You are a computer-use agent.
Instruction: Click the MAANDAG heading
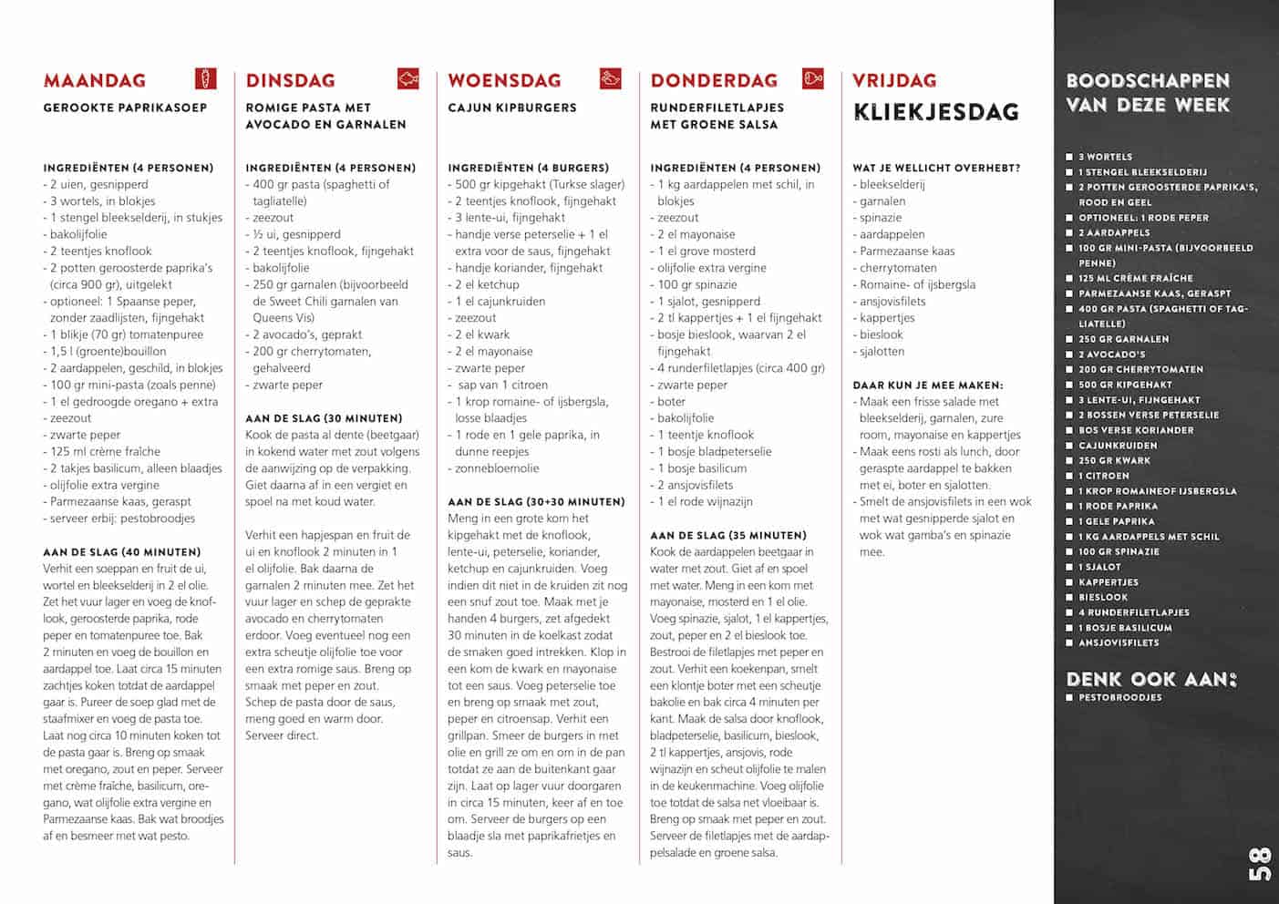pyautogui.click(x=94, y=80)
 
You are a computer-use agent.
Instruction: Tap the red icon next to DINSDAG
pyautogui.click(x=407, y=78)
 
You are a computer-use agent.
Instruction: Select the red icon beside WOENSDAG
pyautogui.click(x=610, y=78)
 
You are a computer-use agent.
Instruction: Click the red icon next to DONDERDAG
pyautogui.click(x=812, y=78)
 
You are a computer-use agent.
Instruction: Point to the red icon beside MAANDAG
pyautogui.click(x=206, y=78)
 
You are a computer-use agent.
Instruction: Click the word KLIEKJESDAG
pyautogui.click(x=935, y=112)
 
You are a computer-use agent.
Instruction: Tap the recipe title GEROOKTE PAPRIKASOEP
pyautogui.click(x=125, y=108)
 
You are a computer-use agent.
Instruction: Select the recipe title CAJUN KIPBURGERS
pyautogui.click(x=511, y=108)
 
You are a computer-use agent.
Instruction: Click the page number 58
pyautogui.click(x=1259, y=864)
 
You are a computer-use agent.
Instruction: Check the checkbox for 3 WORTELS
pyautogui.click(x=1069, y=157)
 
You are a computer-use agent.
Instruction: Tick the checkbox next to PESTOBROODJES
pyautogui.click(x=1069, y=697)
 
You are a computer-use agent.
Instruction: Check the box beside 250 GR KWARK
pyautogui.click(x=1069, y=460)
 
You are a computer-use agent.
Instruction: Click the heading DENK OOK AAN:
pyautogui.click(x=1151, y=679)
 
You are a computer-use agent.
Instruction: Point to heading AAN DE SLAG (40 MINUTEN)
pyautogui.click(x=121, y=552)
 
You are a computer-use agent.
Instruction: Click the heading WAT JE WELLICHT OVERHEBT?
pyautogui.click(x=936, y=168)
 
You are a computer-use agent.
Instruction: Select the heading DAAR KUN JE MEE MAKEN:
pyautogui.click(x=927, y=385)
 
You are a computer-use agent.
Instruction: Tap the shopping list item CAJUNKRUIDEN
pyautogui.click(x=1118, y=446)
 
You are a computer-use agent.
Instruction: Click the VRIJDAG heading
pyautogui.click(x=893, y=80)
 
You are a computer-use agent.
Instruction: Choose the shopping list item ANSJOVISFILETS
pyautogui.click(x=1119, y=642)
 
